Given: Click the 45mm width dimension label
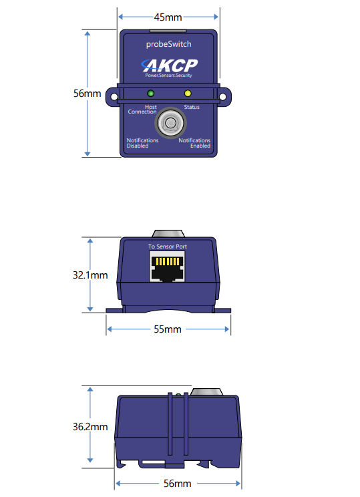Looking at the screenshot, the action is pyautogui.click(x=168, y=17).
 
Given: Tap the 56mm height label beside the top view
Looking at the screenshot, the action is pyautogui.click(x=87, y=94).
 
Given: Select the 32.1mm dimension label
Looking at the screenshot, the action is pyautogui.click(x=90, y=275).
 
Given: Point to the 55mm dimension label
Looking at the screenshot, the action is pyautogui.click(x=168, y=329).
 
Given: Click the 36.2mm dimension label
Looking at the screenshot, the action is pyautogui.click(x=90, y=427).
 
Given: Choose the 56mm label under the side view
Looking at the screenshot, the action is pyautogui.click(x=178, y=484).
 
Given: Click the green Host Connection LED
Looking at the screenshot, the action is pyautogui.click(x=150, y=94).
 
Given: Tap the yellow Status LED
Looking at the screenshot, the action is pyautogui.click(x=188, y=94).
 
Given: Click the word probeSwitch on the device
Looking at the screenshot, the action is pyautogui.click(x=168, y=44).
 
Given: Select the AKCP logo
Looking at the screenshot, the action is pyautogui.click(x=170, y=65).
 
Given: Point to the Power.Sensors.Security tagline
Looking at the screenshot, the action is pyautogui.click(x=168, y=75).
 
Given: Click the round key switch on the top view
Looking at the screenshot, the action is pyautogui.click(x=170, y=123).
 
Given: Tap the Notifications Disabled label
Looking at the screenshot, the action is pyautogui.click(x=142, y=143).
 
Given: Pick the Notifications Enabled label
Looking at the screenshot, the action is pyautogui.click(x=194, y=143).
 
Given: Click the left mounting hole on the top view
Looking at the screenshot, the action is pyautogui.click(x=114, y=97).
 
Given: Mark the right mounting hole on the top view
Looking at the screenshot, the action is pyautogui.click(x=223, y=97).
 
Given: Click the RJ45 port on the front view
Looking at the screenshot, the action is pyautogui.click(x=168, y=267).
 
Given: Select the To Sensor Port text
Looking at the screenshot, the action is pyautogui.click(x=168, y=246).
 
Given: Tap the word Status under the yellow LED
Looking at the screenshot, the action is pyautogui.click(x=192, y=107).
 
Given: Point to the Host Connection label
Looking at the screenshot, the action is pyautogui.click(x=142, y=110).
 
